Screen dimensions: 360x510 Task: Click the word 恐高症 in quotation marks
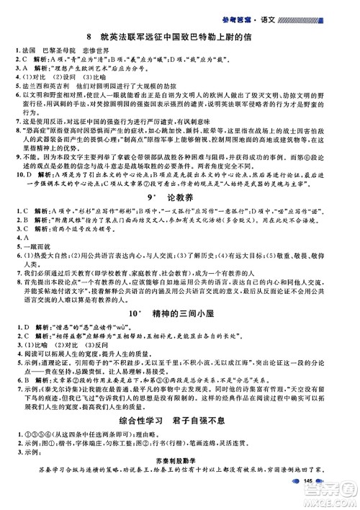(x=37, y=136)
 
